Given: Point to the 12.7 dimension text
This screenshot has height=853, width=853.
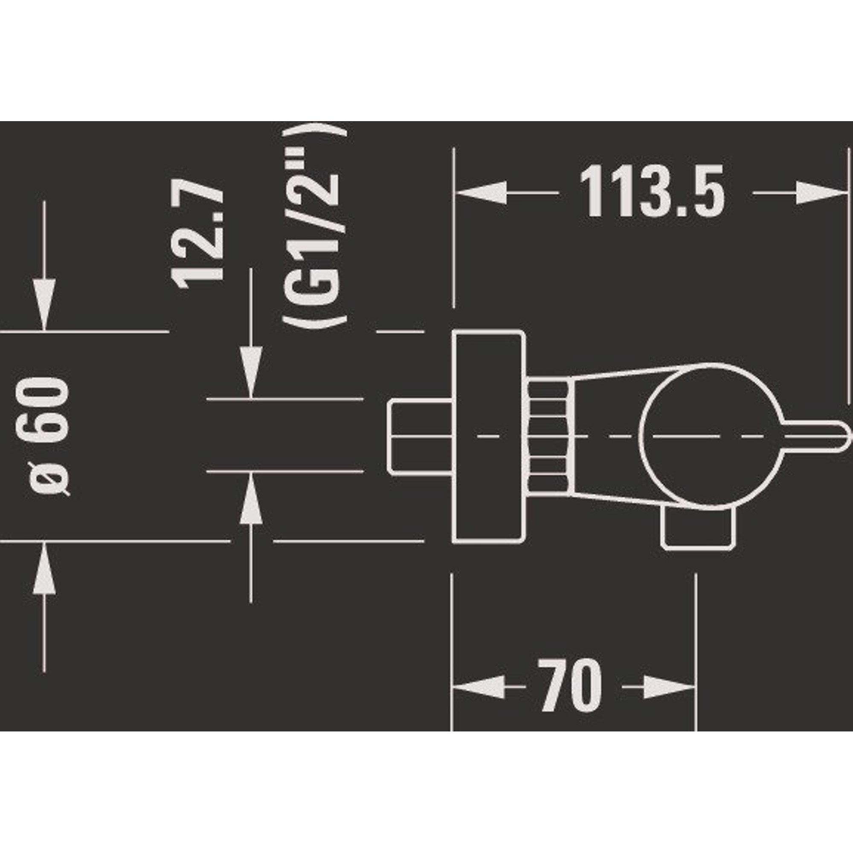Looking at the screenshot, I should (198, 235).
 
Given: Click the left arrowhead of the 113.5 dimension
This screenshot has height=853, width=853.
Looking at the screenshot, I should (481, 193).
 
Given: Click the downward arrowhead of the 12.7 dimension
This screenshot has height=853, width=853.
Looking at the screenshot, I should (251, 374).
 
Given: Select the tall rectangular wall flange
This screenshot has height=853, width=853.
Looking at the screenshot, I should (488, 436).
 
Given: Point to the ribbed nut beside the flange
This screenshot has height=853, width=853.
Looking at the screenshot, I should (548, 436).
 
